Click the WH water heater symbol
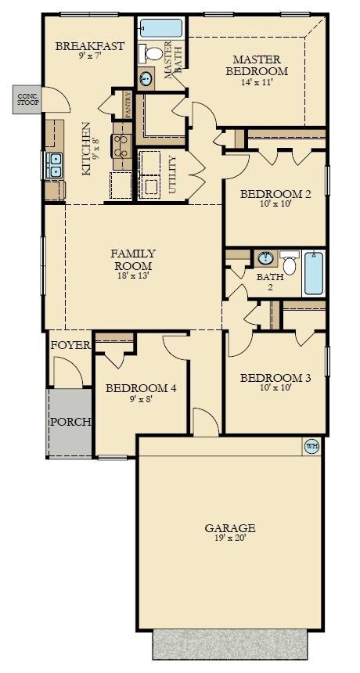click(x=311, y=446)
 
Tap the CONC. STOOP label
click(x=28, y=99)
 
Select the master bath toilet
click(x=150, y=52)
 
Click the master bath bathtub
click(x=161, y=28)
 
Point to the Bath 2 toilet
click(x=290, y=262)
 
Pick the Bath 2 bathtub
click(x=314, y=273)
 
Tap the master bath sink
click(x=146, y=79)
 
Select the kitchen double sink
click(x=55, y=166)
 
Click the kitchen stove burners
click(x=122, y=146)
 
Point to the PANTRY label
click(x=128, y=105)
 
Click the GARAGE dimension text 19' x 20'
click(x=230, y=538)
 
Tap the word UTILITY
click(x=172, y=175)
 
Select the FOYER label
click(x=70, y=346)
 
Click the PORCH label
click(x=70, y=422)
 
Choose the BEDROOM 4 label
click(x=141, y=388)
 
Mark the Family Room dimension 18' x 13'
click(x=132, y=275)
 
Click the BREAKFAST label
click(x=90, y=46)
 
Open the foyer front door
click(x=69, y=372)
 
